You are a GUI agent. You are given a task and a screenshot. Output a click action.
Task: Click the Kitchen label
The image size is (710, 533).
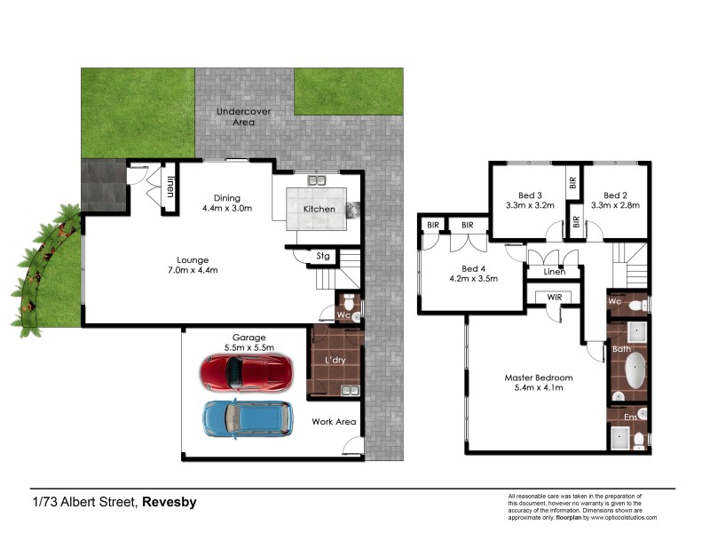pyautogui.click(x=319, y=209)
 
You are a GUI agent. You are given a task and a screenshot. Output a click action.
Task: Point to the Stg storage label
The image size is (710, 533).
pyautogui.click(x=323, y=256)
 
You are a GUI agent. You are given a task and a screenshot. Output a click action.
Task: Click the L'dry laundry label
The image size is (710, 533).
pyautogui.click(x=335, y=360)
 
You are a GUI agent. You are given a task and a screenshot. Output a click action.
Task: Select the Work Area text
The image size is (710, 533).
pyautogui.click(x=334, y=421)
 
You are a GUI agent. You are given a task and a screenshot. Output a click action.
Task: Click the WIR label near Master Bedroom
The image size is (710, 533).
pyautogui.click(x=555, y=298)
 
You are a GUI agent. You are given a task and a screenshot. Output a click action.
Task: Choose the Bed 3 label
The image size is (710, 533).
pyautogui.click(x=530, y=195)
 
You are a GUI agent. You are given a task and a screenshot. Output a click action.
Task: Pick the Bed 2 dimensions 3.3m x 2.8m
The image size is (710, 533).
pyautogui.click(x=615, y=206)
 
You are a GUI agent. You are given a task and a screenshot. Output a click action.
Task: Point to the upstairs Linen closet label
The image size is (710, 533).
pyautogui.click(x=554, y=271)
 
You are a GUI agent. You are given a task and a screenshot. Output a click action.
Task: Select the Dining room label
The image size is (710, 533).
pyautogui.click(x=228, y=198)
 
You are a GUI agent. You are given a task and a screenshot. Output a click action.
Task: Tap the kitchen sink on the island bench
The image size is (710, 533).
pyautogui.click(x=317, y=181)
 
